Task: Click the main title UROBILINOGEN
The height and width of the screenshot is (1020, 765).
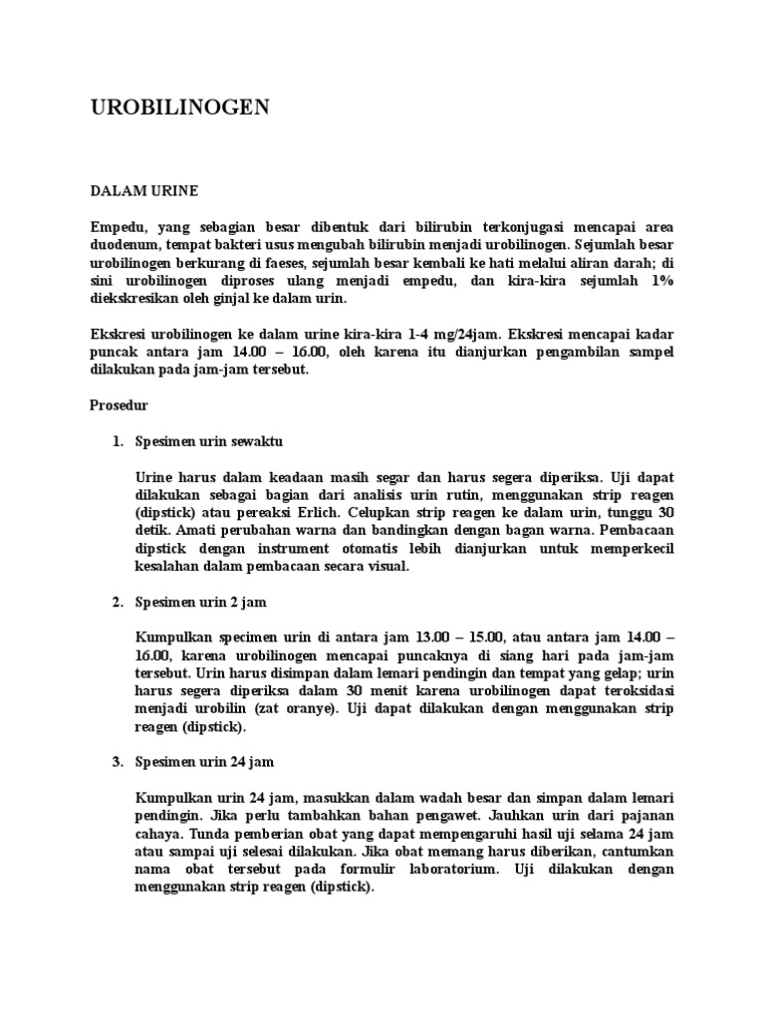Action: (180, 109)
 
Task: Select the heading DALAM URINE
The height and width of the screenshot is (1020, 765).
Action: (144, 189)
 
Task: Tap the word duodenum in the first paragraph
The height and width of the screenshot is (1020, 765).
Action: (127, 244)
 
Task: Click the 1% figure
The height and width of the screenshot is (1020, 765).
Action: (661, 282)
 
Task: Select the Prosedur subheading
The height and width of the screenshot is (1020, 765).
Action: (120, 405)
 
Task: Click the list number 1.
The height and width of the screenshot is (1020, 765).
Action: (117, 440)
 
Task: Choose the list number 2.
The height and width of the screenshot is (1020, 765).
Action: (117, 603)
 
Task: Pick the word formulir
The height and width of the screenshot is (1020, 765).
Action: (367, 869)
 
